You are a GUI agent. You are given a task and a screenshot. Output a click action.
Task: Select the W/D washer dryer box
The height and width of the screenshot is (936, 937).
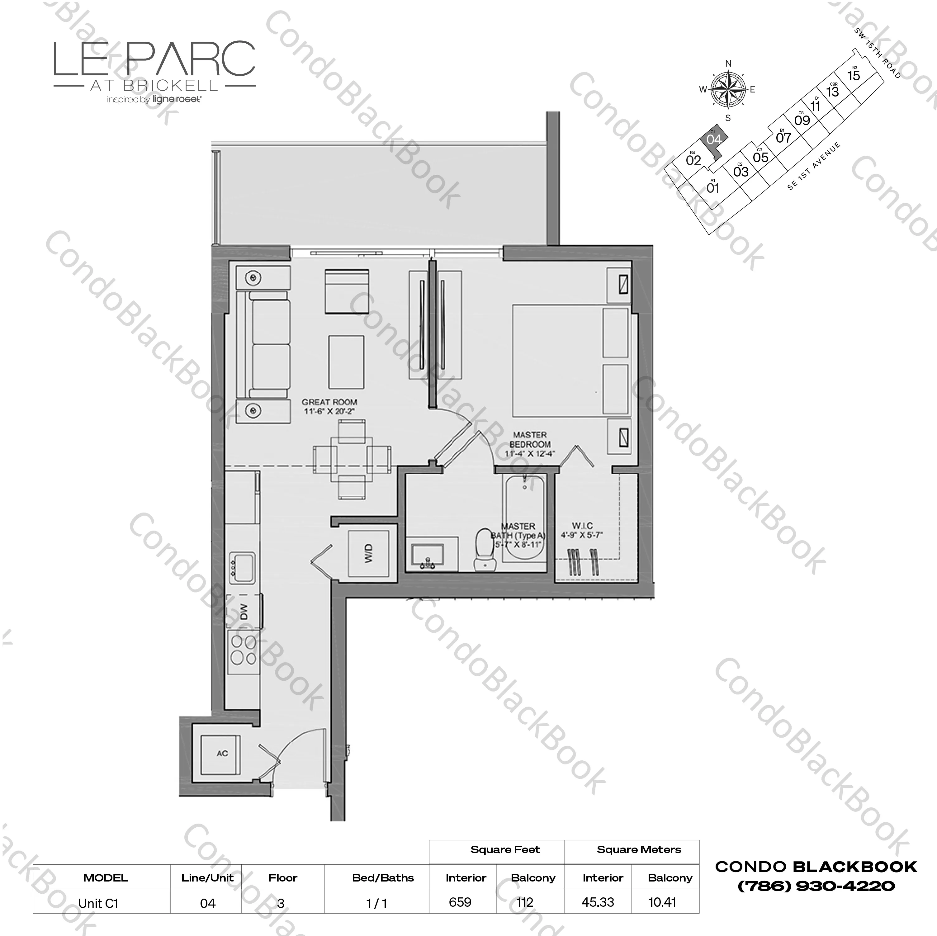pos(369,553)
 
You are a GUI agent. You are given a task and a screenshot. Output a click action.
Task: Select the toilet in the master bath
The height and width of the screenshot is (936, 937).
pos(484,549)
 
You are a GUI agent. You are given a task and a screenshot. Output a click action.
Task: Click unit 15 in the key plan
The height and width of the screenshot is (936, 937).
pos(854,76)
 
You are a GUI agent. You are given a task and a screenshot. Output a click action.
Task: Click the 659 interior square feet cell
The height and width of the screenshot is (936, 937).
pos(460,902)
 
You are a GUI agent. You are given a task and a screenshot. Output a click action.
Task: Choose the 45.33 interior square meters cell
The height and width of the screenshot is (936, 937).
pos(598,902)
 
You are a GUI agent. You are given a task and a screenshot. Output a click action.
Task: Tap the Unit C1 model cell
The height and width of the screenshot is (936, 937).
pos(98,903)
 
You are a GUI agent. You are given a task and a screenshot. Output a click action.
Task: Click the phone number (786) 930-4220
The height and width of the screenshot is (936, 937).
pos(816,886)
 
